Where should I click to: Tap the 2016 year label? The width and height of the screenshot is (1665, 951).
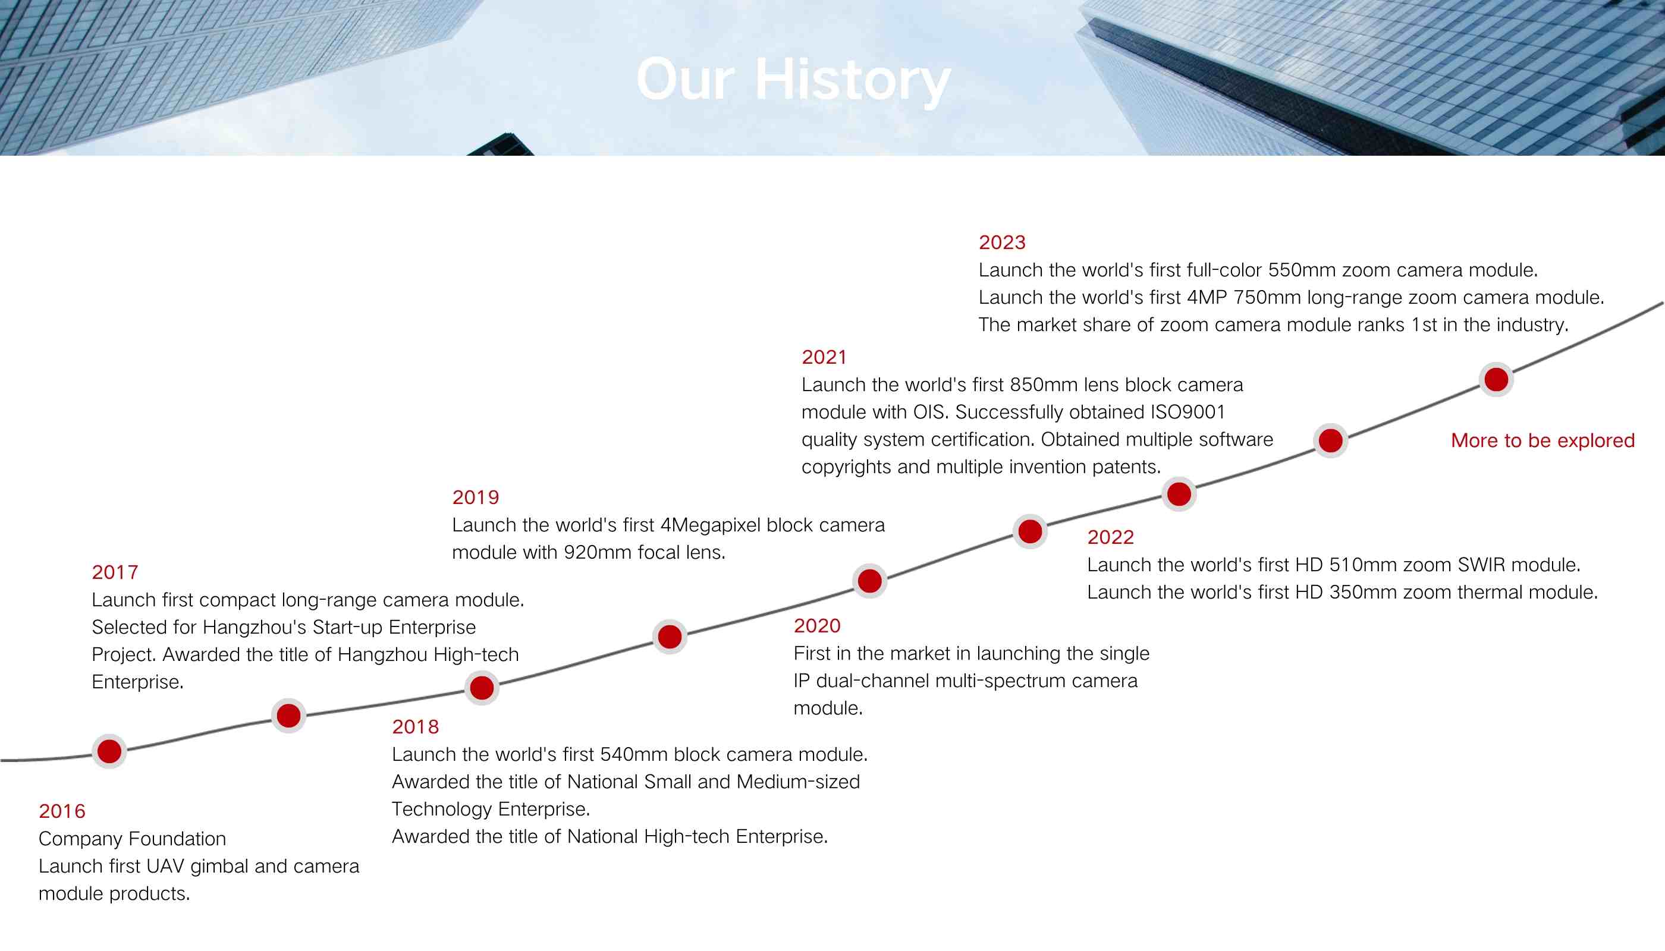[x=62, y=811]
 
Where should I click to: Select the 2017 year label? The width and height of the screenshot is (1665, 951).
[x=115, y=572]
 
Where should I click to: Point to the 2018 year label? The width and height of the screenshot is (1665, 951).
[x=416, y=727]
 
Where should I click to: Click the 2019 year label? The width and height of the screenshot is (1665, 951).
[x=476, y=497]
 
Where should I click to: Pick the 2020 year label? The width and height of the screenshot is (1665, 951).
[x=817, y=626]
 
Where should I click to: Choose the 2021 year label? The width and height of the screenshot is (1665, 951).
[x=824, y=357]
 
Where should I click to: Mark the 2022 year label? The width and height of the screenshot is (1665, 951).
[x=1110, y=537]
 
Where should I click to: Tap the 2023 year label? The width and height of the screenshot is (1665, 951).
[x=1002, y=243]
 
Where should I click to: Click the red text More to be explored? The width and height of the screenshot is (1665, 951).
[x=1543, y=441]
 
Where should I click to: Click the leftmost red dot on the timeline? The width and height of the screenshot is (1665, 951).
[x=109, y=752]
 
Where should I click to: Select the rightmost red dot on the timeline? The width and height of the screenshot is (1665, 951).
[x=1496, y=379]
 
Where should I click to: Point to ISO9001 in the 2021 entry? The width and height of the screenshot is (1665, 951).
[x=1188, y=412]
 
